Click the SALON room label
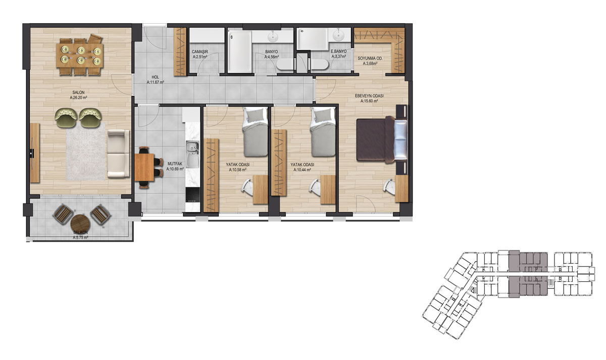point(78,92)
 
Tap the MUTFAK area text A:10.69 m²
point(175,169)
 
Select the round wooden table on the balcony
point(80,223)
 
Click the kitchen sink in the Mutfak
point(192,153)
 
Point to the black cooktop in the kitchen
point(193,195)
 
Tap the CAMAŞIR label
point(200,52)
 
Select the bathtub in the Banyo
point(240,52)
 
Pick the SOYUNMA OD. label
point(370,59)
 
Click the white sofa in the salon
point(118,153)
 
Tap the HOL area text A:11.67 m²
point(156,82)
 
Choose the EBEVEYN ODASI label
point(369,96)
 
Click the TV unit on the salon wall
point(34,153)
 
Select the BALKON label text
point(80,233)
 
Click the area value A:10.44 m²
point(302,170)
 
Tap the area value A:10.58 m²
point(237,170)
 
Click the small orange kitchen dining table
point(144,167)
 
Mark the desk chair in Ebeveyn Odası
point(389,187)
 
